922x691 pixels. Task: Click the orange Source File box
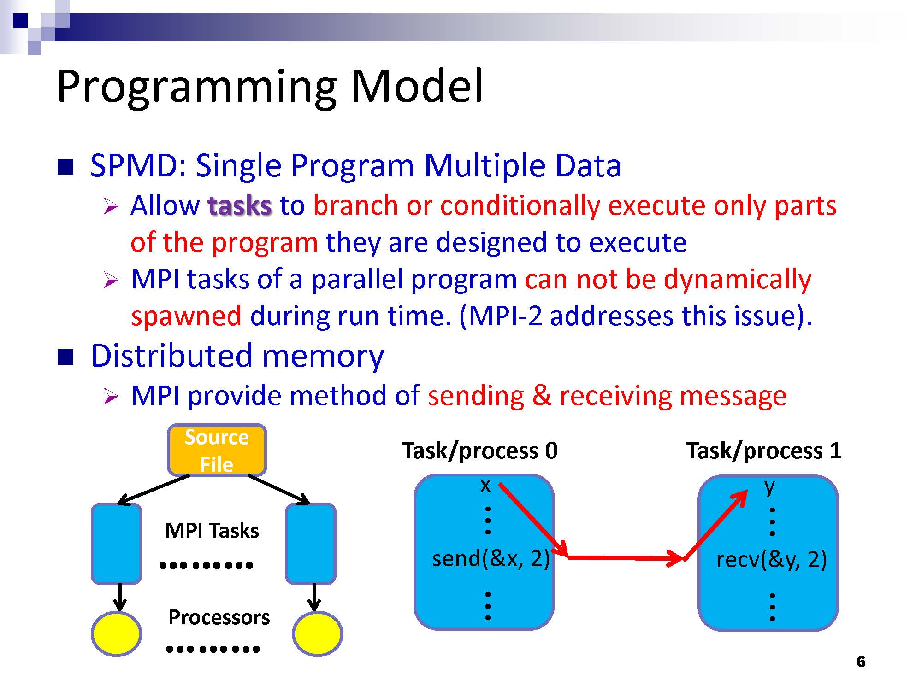pyautogui.click(x=217, y=450)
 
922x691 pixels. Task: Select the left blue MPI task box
pyautogui.click(x=116, y=544)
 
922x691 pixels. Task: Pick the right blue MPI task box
pyautogui.click(x=310, y=544)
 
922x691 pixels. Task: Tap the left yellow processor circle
pyautogui.click(x=116, y=633)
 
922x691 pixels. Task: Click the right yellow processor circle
pyautogui.click(x=317, y=633)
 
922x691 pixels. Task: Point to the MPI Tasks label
pyautogui.click(x=212, y=531)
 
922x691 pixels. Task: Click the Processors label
pyautogui.click(x=219, y=617)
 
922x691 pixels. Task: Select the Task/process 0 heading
pyautogui.click(x=479, y=451)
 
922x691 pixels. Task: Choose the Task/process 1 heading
pyautogui.click(x=764, y=451)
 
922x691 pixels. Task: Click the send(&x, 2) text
pyautogui.click(x=491, y=559)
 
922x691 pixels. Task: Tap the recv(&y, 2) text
pyautogui.click(x=771, y=560)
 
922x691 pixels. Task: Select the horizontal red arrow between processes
pyautogui.click(x=625, y=558)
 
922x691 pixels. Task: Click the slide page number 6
pyautogui.click(x=861, y=662)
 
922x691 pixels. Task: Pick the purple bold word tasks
pyautogui.click(x=240, y=205)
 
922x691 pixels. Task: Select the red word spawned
pyautogui.click(x=186, y=316)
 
